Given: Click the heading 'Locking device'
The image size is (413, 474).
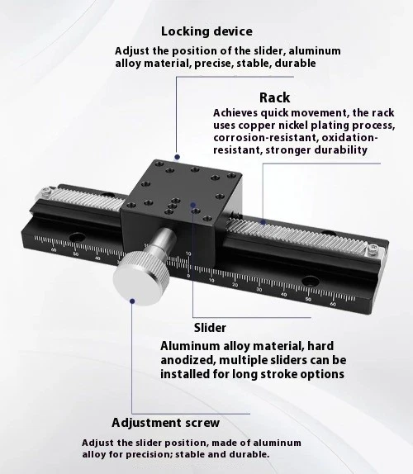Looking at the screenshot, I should pyautogui.click(x=206, y=32).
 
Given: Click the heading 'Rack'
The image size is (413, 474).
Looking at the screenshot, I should pyautogui.click(x=274, y=97).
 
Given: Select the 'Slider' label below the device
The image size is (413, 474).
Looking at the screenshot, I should pyautogui.click(x=209, y=327).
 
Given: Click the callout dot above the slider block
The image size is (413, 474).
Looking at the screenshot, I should pyautogui.click(x=175, y=154).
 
